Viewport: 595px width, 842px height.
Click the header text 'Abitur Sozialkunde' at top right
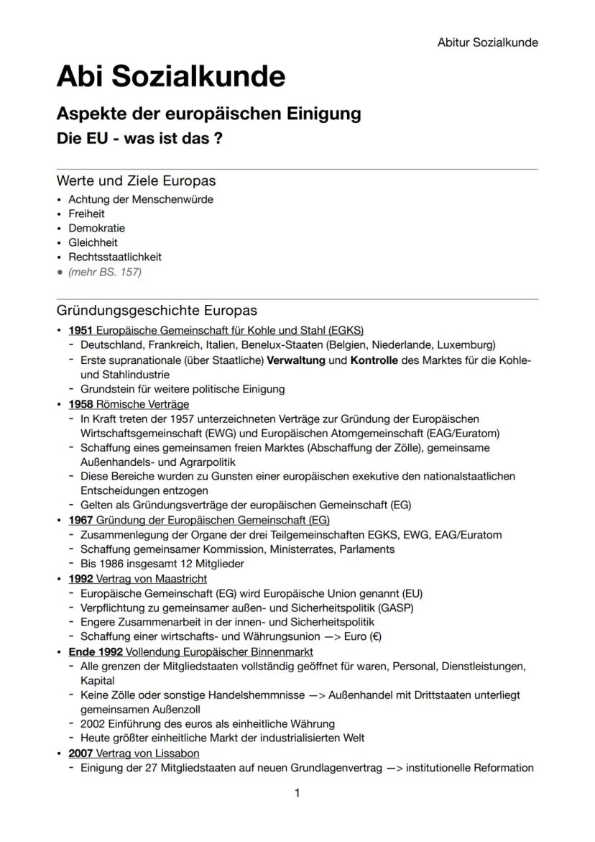(x=487, y=42)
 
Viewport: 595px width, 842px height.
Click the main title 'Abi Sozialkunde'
(x=170, y=75)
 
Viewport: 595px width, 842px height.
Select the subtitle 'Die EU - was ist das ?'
(x=139, y=139)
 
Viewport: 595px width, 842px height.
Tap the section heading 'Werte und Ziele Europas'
(x=136, y=180)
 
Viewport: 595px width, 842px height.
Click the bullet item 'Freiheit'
(x=86, y=214)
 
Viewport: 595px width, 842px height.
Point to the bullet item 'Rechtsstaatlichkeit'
(x=115, y=257)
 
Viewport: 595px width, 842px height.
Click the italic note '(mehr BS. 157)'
(x=105, y=271)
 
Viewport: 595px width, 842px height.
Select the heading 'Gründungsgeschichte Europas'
(x=157, y=311)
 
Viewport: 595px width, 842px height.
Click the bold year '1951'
(x=80, y=331)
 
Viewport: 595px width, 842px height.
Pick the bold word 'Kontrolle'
(x=374, y=360)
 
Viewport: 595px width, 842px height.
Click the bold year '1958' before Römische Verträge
(x=80, y=404)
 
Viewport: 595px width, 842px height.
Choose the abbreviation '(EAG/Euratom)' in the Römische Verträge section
(x=463, y=433)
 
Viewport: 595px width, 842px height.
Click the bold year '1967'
(x=80, y=520)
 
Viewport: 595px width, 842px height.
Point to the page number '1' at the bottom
(x=297, y=793)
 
